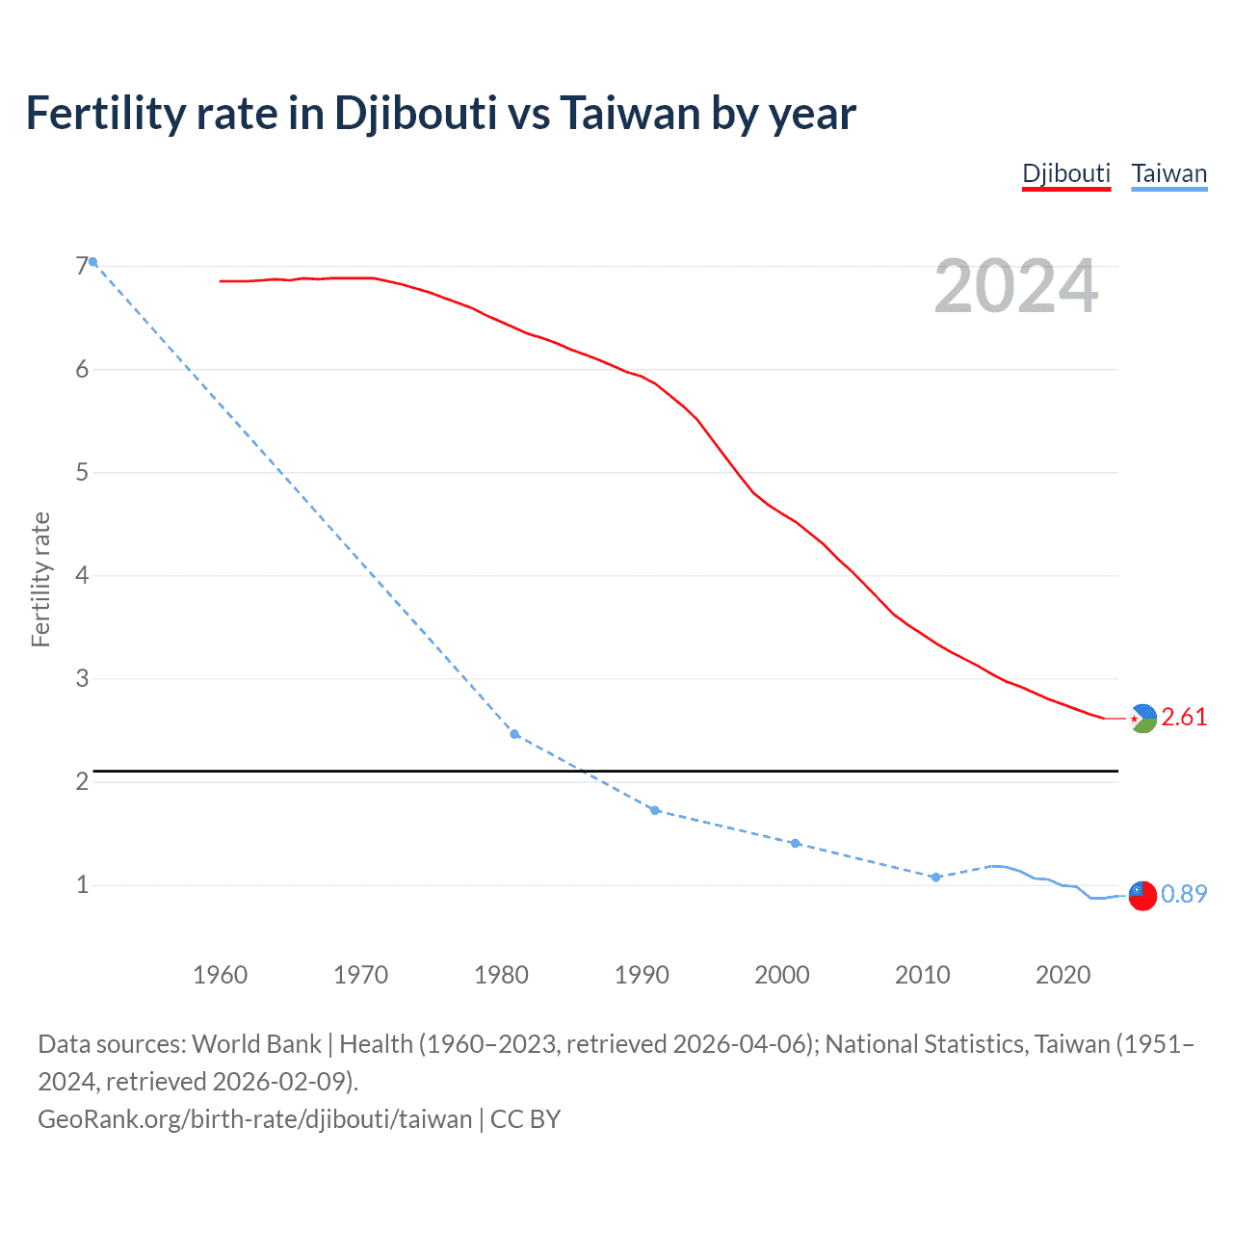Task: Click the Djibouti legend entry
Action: coord(1066,174)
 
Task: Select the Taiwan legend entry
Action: coord(1168,174)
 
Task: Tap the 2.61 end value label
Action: coord(1184,717)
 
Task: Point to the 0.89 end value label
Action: coord(1184,894)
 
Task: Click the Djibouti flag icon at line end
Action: coord(1142,719)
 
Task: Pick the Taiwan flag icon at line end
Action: coord(1142,895)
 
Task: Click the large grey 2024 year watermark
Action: coord(1016,287)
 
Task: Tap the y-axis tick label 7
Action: coord(82,266)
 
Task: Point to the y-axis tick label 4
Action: coord(82,575)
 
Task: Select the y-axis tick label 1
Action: coord(82,884)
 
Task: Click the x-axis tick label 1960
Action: coord(221,975)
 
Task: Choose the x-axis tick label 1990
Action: coord(642,975)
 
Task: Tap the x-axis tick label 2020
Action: coord(1062,975)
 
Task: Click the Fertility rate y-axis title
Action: coord(40,579)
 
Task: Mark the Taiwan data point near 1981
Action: coord(514,734)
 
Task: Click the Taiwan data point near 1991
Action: coord(655,810)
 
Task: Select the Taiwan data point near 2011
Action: coord(935,877)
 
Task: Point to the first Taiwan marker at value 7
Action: coord(92,262)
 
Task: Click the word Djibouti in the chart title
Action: coord(415,114)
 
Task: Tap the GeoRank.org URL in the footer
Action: coord(255,1119)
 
